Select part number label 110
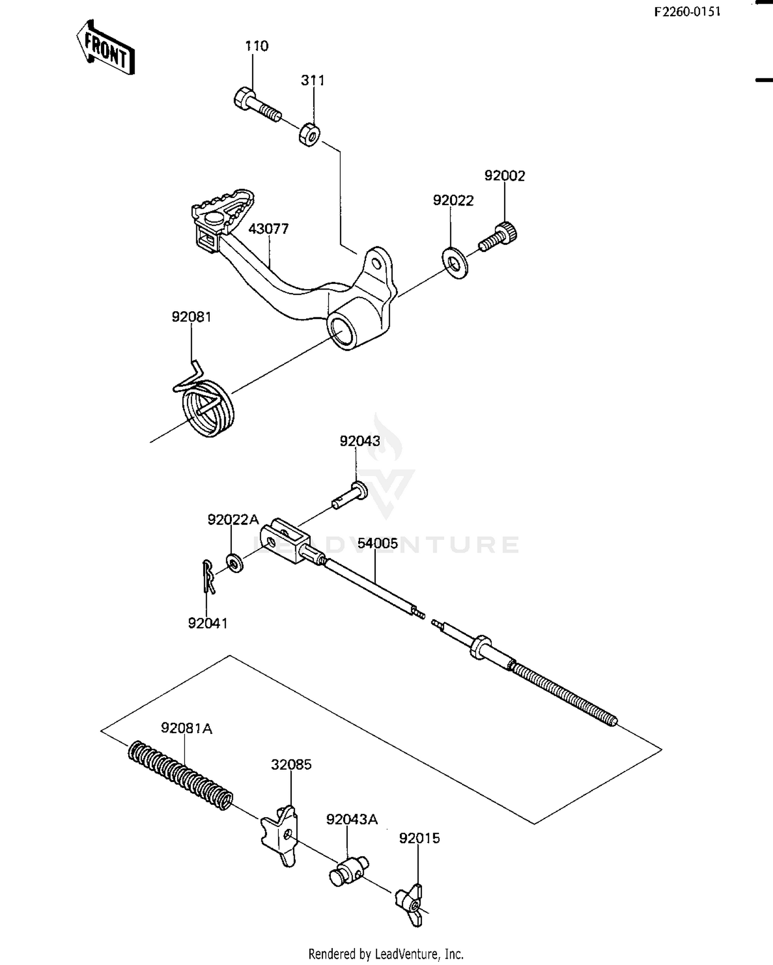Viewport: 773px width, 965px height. tap(256, 46)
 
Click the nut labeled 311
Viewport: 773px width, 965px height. tap(309, 133)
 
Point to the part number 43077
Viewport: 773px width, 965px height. tap(268, 229)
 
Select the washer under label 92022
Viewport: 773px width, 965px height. tap(455, 263)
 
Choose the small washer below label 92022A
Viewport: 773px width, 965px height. tap(236, 563)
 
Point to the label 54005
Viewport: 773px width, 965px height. tap(378, 544)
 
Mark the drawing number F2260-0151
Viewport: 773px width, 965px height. tap(687, 12)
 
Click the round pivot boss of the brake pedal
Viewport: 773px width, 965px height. tap(347, 330)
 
